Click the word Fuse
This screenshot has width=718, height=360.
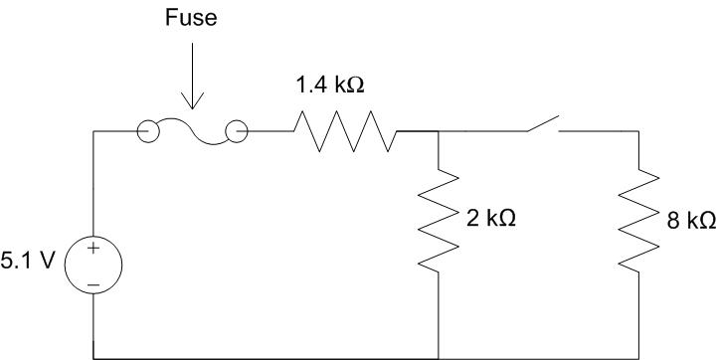[191, 19]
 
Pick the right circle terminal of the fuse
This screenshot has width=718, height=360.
[237, 131]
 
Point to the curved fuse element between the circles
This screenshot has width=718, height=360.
[192, 136]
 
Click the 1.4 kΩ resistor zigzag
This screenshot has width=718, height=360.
[345, 131]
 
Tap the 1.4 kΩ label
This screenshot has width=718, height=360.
[330, 86]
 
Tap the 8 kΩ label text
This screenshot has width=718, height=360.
[691, 220]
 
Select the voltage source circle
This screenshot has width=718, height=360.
[93, 266]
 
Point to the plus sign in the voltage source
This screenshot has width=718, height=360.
[93, 249]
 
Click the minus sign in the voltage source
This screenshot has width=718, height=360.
[93, 283]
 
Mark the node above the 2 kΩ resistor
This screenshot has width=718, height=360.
[439, 131]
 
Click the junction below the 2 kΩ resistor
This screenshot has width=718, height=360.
[439, 356]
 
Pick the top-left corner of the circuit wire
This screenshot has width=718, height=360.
[93, 131]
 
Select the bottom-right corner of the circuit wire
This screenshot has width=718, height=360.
[636, 356]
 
